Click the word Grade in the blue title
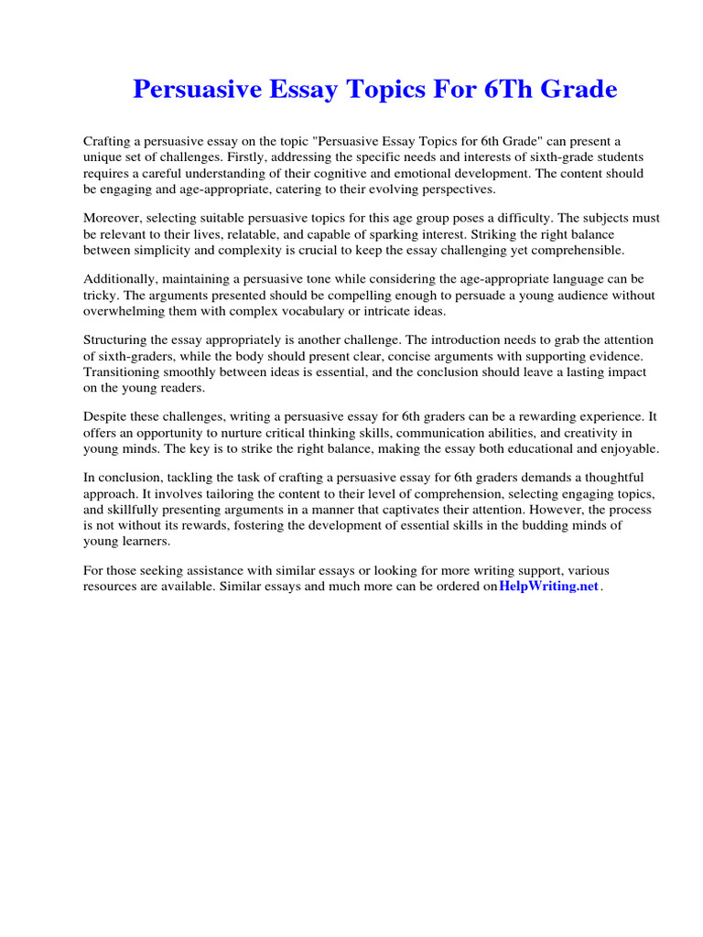(577, 90)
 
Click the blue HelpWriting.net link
(548, 586)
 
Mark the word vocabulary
(293, 311)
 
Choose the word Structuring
(119, 339)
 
